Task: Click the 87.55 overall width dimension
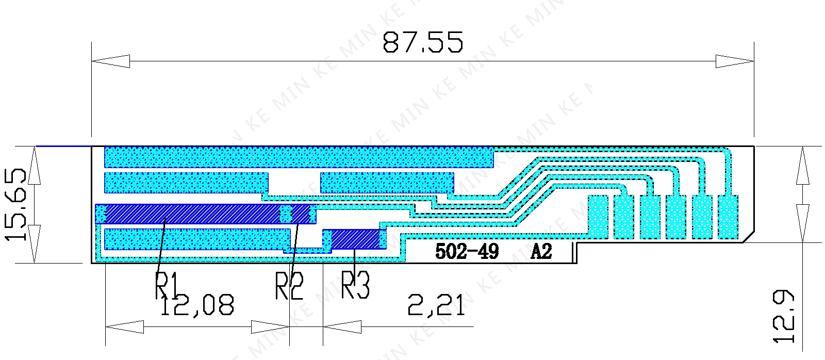(x=423, y=42)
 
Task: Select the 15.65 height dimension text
(x=16, y=204)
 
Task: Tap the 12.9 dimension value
(x=783, y=316)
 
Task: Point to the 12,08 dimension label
(x=197, y=305)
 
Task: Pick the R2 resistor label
(x=289, y=286)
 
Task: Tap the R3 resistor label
(x=356, y=285)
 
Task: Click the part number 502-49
(x=467, y=251)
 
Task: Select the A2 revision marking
(x=541, y=251)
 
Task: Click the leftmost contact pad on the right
(x=598, y=217)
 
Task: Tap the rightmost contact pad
(x=728, y=217)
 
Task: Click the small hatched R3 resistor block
(x=355, y=239)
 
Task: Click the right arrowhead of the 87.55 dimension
(x=735, y=61)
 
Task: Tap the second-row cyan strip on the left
(x=186, y=183)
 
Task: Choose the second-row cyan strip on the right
(x=387, y=183)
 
